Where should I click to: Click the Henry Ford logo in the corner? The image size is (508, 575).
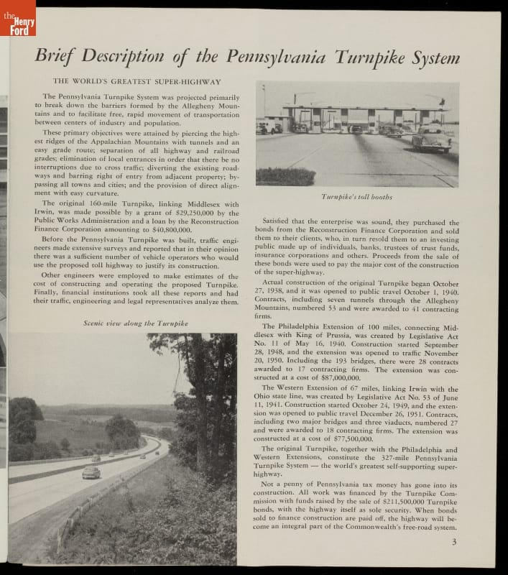pos(18,17)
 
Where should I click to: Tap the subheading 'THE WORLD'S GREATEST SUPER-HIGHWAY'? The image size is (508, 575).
pos(137,82)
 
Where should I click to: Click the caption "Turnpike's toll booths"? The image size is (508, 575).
pos(357,196)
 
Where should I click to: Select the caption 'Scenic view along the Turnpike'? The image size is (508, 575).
pos(136,323)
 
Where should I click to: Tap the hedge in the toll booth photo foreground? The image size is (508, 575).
pos(285,176)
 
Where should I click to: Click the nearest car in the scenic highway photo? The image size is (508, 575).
pos(91,472)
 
